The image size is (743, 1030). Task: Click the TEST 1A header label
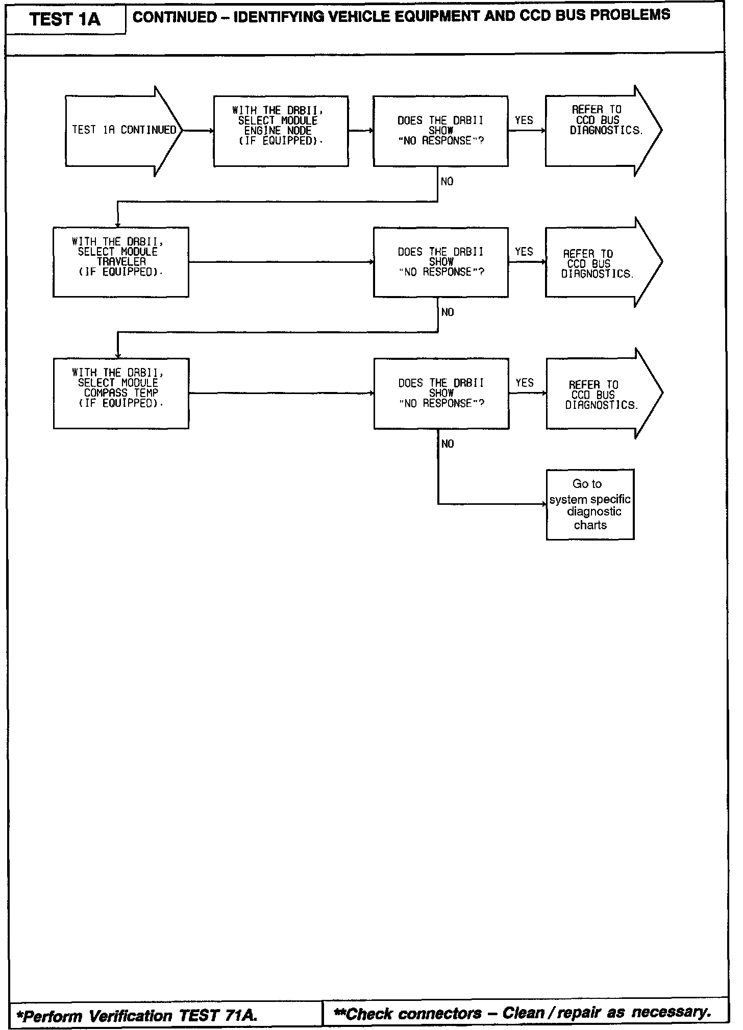point(65,19)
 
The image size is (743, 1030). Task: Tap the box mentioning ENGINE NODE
point(281,131)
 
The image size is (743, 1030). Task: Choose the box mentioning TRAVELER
point(121,262)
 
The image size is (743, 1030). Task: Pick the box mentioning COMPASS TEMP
point(121,393)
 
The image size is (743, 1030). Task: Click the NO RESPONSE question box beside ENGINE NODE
point(440,131)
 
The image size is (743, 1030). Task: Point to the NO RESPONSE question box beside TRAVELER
point(440,262)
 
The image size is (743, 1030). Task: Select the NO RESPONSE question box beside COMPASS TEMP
point(441,393)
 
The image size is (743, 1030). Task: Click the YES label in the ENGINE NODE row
point(524,120)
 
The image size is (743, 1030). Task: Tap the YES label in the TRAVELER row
point(524,252)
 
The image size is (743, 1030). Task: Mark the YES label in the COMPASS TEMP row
point(525,383)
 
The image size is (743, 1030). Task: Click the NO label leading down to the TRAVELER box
point(447,182)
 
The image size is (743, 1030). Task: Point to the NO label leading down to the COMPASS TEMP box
point(448,312)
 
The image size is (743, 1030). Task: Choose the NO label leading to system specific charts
point(448,444)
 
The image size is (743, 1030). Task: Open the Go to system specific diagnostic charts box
point(590,504)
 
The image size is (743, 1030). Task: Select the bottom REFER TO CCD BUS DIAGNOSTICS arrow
point(604,394)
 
